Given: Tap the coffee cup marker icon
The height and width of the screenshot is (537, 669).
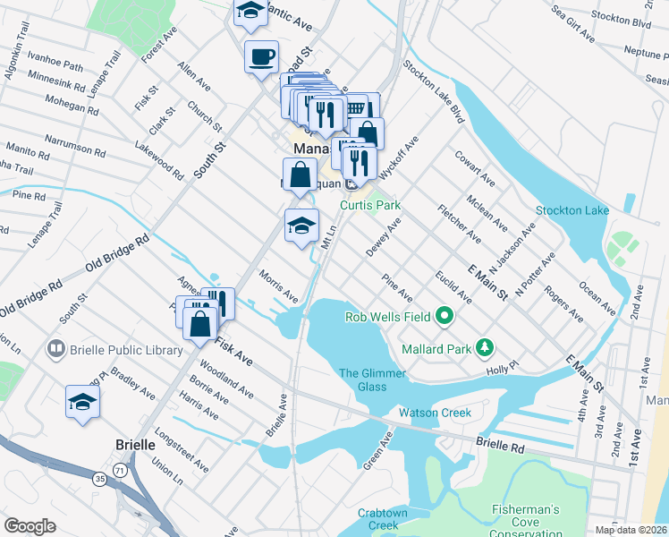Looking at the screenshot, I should pos(261,56).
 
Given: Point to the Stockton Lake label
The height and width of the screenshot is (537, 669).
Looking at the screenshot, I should pos(572,210).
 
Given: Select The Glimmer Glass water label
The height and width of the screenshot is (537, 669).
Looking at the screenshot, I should pos(373,379).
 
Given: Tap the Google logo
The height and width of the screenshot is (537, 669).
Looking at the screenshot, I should pos(30,525).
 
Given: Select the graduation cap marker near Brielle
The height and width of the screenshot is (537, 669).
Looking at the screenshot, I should pos(82,403).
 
